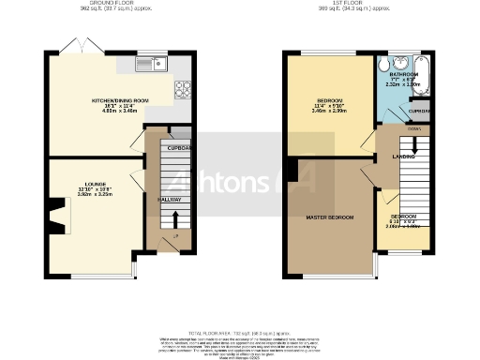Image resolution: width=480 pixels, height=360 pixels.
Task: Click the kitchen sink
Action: (x=150, y=65)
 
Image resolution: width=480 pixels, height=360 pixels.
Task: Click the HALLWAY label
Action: (x=170, y=200)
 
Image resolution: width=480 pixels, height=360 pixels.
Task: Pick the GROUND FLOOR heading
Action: (x=104, y=4)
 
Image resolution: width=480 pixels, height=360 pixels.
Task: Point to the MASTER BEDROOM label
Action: (x=329, y=217)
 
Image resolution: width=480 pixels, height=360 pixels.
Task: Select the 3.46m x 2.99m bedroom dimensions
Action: (x=330, y=111)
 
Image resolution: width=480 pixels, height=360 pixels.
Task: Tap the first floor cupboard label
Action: (x=420, y=112)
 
